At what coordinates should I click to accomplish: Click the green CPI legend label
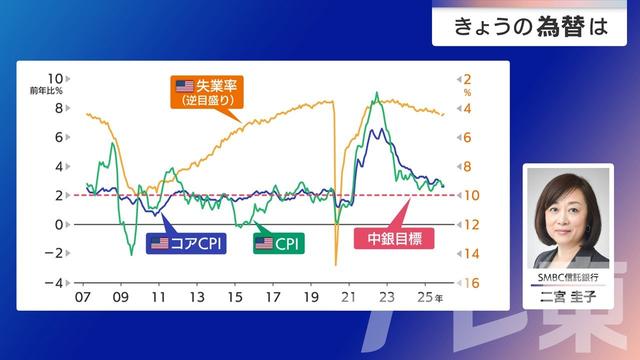coord(279,243)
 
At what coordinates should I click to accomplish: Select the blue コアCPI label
coord(188,243)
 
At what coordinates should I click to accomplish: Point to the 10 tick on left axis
coord(56,79)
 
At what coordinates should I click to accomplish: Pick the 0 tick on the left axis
coord(60,224)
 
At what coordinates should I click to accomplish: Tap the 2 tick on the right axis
coord(467,79)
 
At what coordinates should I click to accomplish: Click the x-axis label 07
coord(83,298)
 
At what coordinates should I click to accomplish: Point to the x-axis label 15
coord(235,298)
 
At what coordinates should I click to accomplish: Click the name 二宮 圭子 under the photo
coord(567,295)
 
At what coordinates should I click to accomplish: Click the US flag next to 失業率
coord(184,85)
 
